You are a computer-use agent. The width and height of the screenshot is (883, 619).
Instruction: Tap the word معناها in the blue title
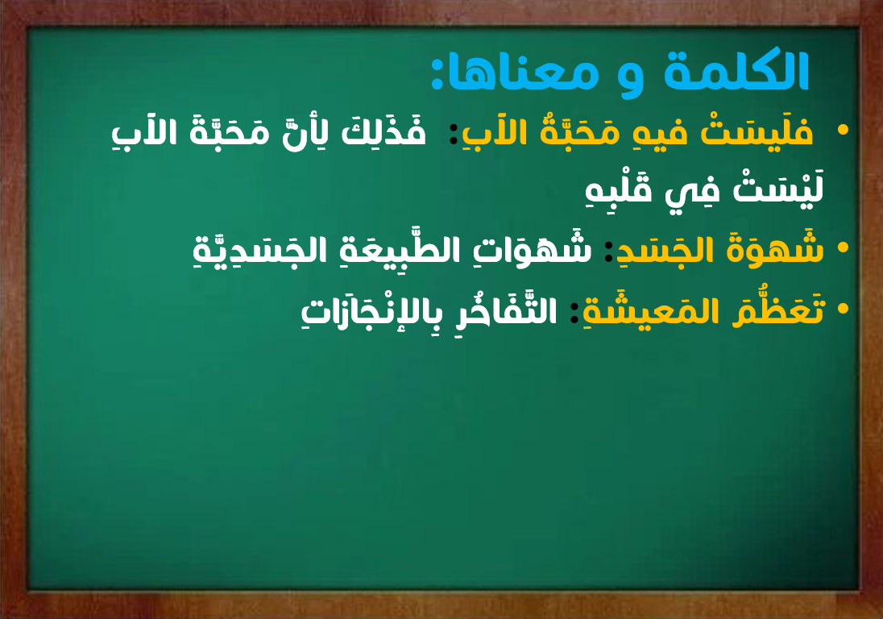[522, 74]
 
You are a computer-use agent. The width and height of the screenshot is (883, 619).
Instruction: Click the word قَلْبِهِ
[619, 189]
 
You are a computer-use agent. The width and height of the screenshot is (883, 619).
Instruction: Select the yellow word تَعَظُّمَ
[779, 309]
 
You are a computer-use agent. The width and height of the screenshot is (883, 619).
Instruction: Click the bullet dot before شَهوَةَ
[843, 247]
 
